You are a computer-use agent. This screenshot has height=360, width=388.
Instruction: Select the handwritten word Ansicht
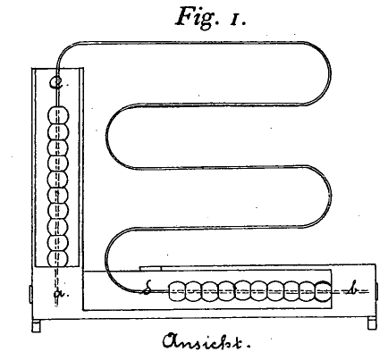tap(207, 341)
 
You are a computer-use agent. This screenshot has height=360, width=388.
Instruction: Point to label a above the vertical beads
tap(55, 82)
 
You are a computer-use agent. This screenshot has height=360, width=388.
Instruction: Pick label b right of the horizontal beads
tap(353, 289)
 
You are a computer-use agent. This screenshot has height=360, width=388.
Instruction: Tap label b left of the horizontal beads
tap(147, 289)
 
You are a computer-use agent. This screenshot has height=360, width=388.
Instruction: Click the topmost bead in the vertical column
tap(58, 115)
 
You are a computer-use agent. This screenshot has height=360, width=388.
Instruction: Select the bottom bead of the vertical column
tap(58, 258)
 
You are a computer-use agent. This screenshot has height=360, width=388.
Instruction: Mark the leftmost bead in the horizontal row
tap(177, 291)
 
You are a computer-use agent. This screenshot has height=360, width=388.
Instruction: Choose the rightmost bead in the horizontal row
tap(323, 291)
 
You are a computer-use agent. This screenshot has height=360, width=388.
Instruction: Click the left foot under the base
tap(36, 325)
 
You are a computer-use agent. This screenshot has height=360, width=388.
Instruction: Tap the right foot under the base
tap(371, 324)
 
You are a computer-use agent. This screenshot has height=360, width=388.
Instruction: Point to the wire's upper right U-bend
tap(330, 73)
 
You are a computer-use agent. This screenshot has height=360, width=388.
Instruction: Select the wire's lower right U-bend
tap(330, 196)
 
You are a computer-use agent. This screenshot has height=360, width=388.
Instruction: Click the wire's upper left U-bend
tap(106, 137)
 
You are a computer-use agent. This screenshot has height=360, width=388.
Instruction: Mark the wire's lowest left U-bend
tap(105, 259)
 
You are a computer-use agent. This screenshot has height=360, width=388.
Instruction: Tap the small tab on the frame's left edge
tap(30, 294)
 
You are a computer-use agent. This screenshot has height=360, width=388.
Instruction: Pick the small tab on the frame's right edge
tap(376, 291)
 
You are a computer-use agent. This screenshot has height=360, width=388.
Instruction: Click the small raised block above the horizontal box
tap(150, 268)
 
